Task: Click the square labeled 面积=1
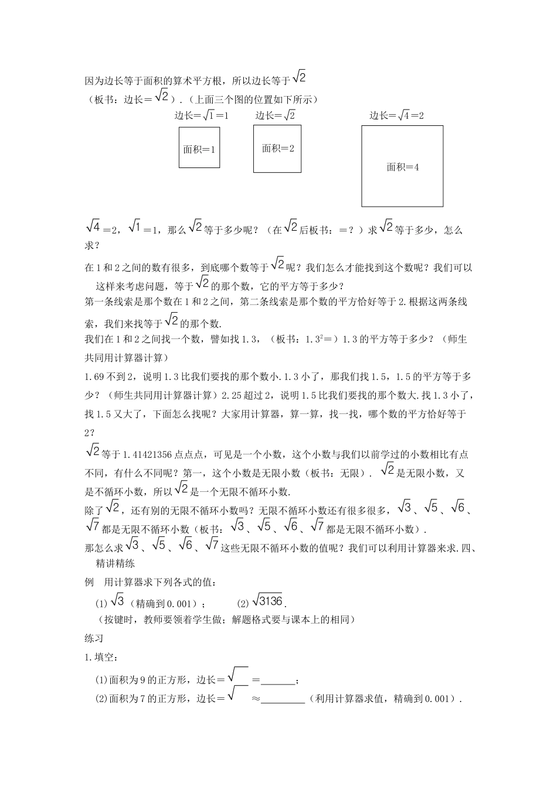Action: pos(199,148)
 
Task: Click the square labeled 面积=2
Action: pos(277,148)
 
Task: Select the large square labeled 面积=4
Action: pos(402,166)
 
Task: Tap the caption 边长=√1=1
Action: pos(202,115)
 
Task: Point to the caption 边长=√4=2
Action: pos(397,115)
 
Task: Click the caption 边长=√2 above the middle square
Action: pos(275,115)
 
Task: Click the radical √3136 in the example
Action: pos(267,601)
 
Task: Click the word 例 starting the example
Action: pos(89,583)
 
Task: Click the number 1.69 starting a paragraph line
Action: pos(96,376)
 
